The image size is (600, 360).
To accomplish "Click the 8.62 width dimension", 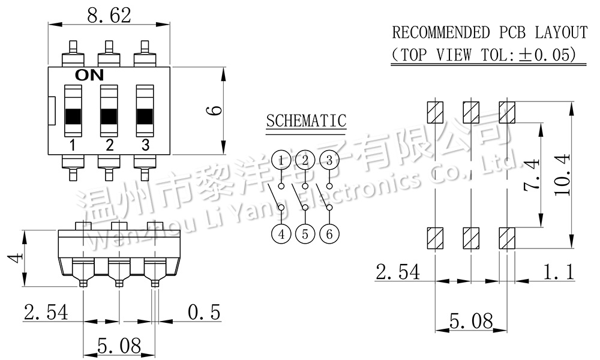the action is (x=109, y=16).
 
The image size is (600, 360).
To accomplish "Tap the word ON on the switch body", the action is (x=89, y=76).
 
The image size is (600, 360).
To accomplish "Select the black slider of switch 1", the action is (x=73, y=116).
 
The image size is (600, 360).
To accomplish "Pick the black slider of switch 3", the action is (x=145, y=116).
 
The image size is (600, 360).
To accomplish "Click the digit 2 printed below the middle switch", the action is (x=109, y=145).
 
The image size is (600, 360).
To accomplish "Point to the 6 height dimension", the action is (x=216, y=110).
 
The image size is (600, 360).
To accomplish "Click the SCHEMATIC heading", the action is (x=306, y=121).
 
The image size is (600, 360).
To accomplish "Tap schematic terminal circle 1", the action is (x=281, y=160).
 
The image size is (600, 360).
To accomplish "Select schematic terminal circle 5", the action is (x=305, y=234).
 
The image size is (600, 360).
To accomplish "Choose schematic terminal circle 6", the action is (x=329, y=234).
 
